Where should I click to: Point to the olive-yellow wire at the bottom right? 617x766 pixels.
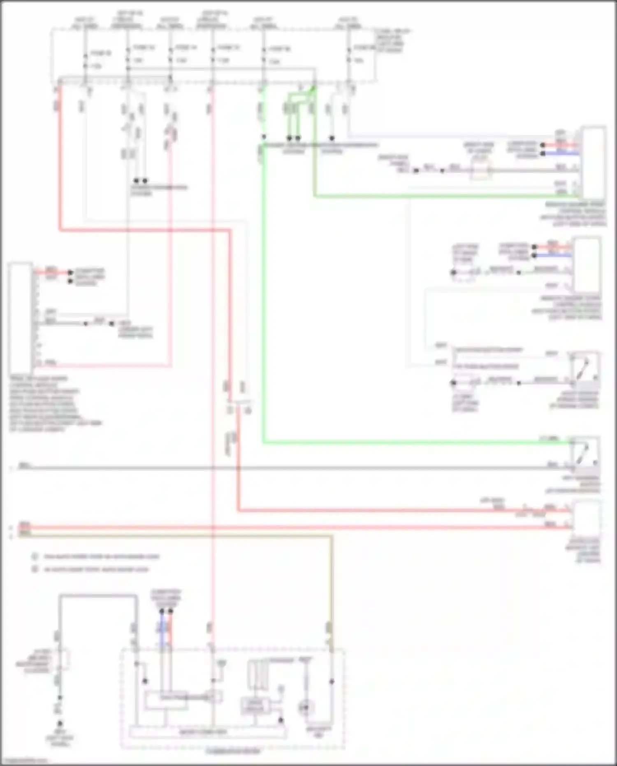click(331, 597)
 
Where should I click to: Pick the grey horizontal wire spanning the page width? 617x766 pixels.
click(288, 468)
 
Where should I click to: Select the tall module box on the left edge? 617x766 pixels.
click(20, 317)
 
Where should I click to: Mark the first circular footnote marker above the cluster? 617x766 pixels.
click(35, 556)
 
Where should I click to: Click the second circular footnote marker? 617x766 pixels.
click(35, 569)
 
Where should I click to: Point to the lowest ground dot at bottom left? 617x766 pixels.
click(60, 723)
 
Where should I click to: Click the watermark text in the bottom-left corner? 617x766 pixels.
click(25, 761)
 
